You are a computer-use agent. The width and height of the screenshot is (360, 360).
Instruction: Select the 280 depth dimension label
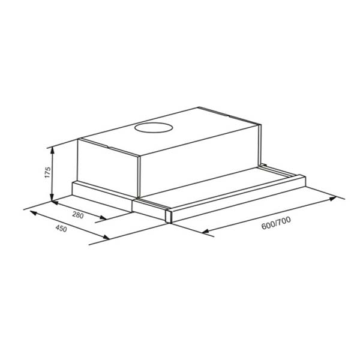coord(77,215)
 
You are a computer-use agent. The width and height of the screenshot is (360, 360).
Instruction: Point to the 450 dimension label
coord(61,229)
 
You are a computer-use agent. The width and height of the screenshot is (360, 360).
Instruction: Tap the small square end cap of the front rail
coord(169,215)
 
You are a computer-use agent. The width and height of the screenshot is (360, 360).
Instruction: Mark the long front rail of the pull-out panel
coord(240,195)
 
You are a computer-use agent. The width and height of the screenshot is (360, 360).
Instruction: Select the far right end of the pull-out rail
coord(304,178)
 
